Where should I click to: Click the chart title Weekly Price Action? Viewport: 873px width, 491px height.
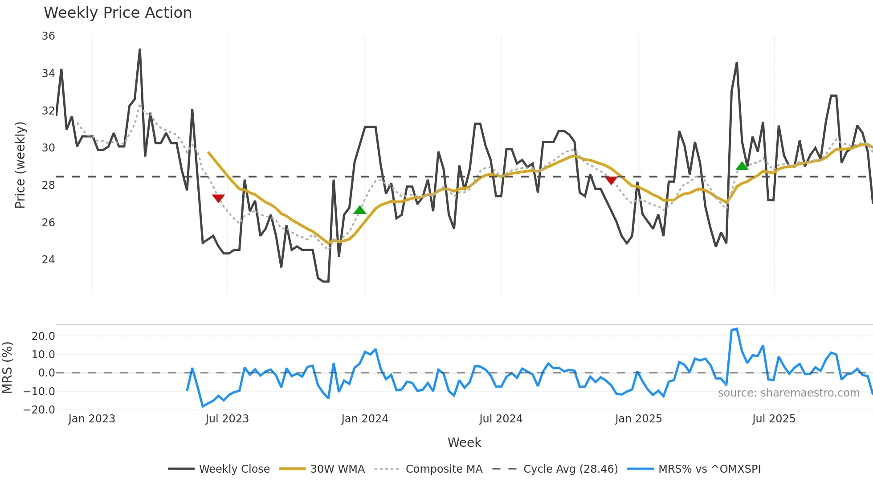point(118,13)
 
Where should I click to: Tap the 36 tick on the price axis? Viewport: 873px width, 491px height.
point(49,36)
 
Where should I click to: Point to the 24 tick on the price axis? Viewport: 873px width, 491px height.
point(49,260)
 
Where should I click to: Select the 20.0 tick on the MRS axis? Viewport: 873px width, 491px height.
point(43,336)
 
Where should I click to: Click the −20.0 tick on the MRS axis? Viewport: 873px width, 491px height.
point(40,410)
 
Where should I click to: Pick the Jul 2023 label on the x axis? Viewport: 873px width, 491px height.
point(227,419)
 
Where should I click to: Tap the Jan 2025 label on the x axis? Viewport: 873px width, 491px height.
point(638,419)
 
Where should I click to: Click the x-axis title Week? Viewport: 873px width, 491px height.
point(464,442)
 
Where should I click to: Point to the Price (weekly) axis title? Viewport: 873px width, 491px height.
point(20,165)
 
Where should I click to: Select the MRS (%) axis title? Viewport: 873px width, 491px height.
point(7,368)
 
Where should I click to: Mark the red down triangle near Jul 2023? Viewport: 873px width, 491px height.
point(218,198)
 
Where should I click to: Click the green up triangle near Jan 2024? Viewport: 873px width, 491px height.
point(360,210)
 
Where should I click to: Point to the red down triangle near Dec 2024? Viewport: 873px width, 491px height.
point(611,180)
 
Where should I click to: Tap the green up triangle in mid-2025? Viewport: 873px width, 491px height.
point(742,166)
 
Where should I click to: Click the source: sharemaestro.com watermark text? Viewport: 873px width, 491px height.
point(788,393)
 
